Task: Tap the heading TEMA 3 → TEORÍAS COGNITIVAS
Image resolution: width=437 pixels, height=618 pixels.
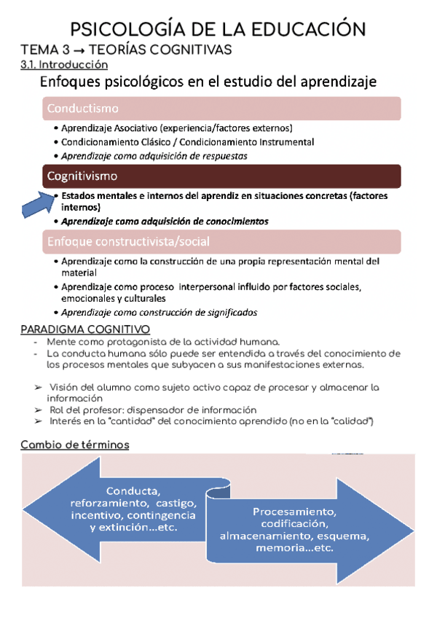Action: (x=126, y=50)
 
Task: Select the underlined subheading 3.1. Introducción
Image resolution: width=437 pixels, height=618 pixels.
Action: (x=59, y=66)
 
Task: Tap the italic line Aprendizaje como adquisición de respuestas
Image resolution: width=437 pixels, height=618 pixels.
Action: (x=154, y=156)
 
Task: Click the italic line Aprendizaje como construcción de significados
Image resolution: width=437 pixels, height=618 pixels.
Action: (x=159, y=312)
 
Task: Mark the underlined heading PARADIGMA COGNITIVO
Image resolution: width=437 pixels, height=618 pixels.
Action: (x=85, y=329)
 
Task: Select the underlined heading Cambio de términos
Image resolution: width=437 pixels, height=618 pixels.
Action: (x=75, y=445)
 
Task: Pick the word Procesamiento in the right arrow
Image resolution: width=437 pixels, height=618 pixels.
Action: (x=294, y=512)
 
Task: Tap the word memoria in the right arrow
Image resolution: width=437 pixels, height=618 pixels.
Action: (x=275, y=548)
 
